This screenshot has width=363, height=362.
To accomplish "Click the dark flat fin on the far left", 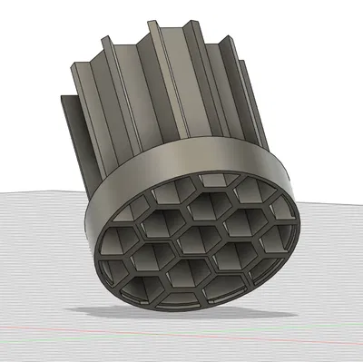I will pos(69,136).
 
